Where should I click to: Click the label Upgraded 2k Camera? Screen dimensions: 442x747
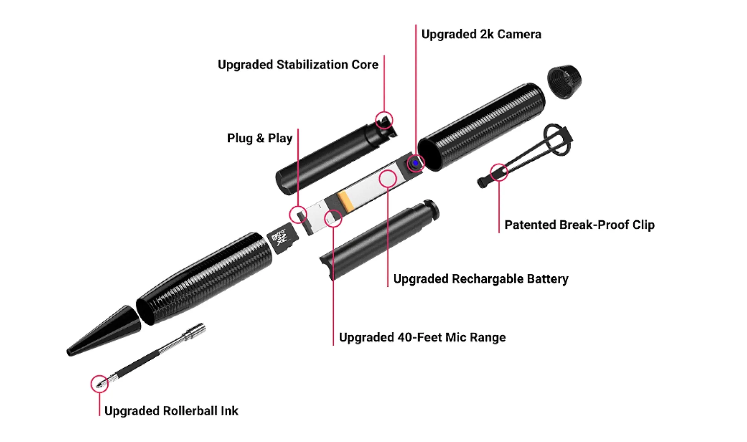(x=481, y=35)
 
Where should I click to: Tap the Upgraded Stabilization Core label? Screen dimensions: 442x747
(x=298, y=65)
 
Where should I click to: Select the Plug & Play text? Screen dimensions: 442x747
(x=259, y=138)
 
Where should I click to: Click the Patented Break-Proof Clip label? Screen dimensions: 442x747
(x=579, y=225)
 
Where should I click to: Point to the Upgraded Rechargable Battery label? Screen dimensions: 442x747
(x=480, y=279)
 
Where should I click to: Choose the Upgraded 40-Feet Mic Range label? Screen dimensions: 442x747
(x=422, y=337)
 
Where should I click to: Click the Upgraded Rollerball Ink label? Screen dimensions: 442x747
(x=171, y=411)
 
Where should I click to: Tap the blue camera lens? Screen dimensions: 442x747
(x=415, y=163)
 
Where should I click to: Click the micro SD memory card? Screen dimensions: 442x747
(x=283, y=238)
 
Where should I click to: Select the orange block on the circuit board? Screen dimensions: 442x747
(x=346, y=200)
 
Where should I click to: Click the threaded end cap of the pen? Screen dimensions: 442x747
(x=565, y=81)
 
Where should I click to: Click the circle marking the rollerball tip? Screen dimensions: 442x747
(x=99, y=383)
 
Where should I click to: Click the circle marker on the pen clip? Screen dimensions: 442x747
(x=499, y=172)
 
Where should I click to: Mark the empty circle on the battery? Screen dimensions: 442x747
(x=388, y=178)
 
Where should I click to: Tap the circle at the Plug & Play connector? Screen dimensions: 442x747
(x=298, y=215)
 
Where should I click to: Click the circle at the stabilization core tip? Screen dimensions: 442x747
(x=384, y=120)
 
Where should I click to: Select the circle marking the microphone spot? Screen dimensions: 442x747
(x=333, y=218)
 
